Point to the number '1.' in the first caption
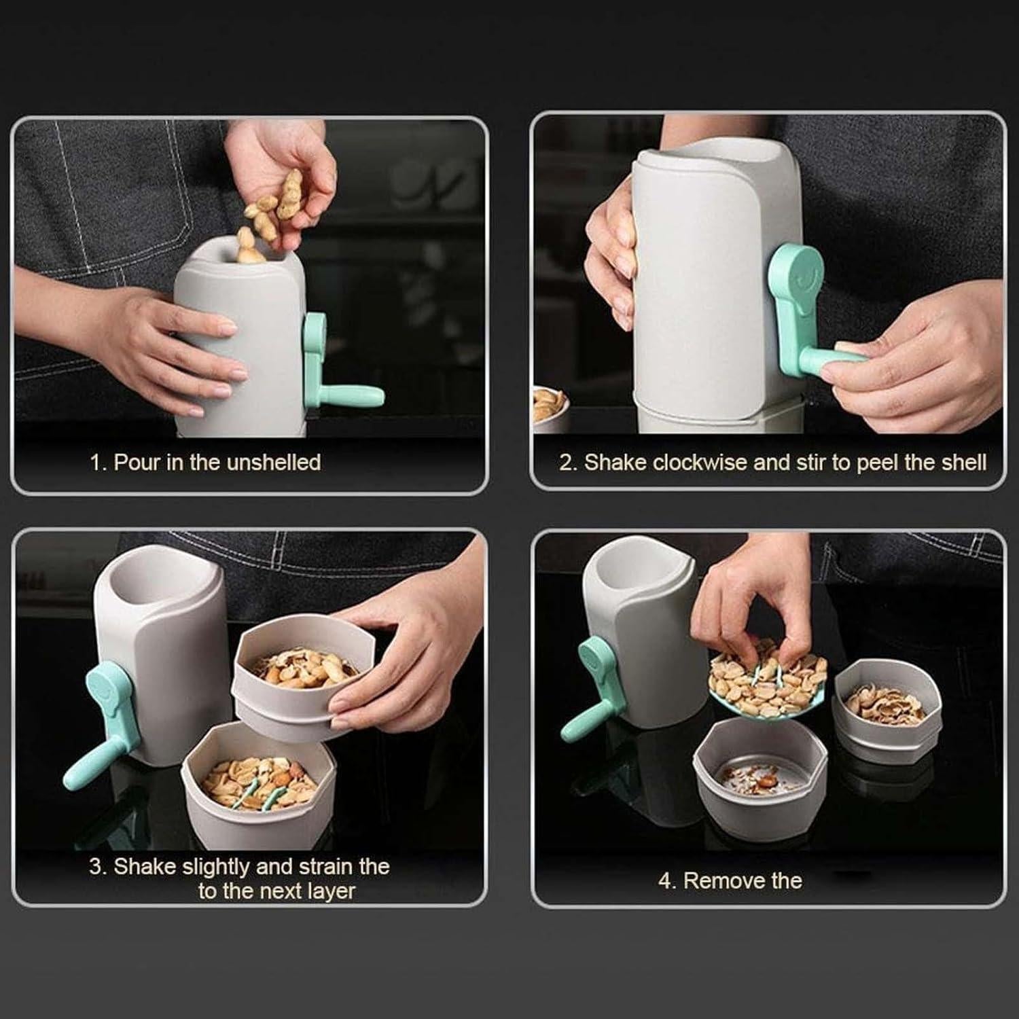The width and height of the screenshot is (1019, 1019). pos(99,463)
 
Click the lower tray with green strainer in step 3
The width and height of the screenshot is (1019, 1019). pos(258,788)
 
